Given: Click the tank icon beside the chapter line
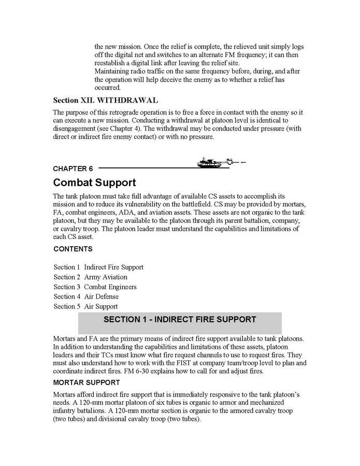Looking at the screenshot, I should click(213, 163).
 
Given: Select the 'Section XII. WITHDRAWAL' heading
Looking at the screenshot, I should click(106, 100).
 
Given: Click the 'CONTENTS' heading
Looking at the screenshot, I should click(73, 249).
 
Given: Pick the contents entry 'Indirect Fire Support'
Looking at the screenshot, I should click(113, 267).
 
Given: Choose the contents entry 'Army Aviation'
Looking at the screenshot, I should click(105, 277).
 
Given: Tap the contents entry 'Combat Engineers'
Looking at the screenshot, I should click(110, 287).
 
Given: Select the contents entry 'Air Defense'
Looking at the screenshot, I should click(101, 297).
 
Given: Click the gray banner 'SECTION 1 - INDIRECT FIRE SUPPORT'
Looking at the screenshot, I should click(180, 320).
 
